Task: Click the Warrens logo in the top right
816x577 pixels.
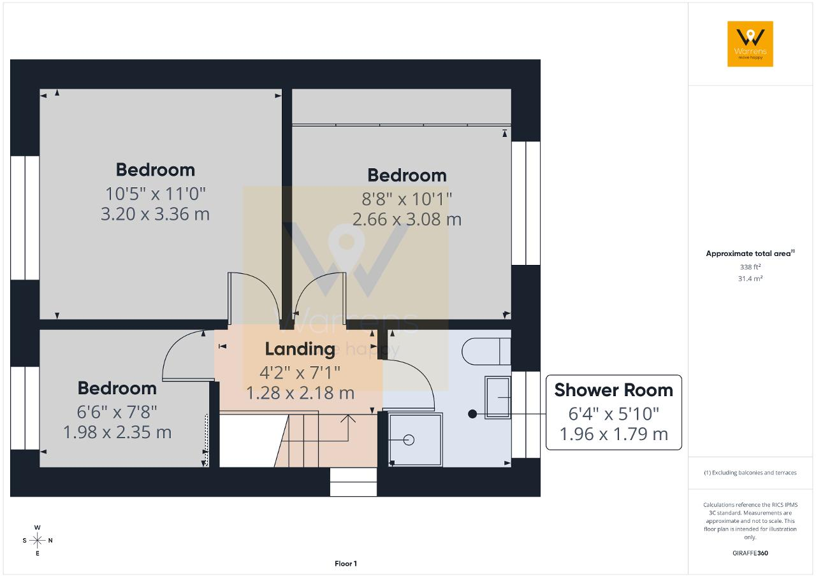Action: tap(750, 44)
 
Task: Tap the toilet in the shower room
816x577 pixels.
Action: tap(486, 352)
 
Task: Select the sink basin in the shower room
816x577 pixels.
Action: tap(498, 397)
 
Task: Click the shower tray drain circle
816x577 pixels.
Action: tap(409, 440)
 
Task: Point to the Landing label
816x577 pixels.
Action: tap(300, 349)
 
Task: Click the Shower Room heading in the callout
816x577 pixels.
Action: tap(613, 390)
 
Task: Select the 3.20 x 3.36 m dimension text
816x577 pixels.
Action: tap(155, 214)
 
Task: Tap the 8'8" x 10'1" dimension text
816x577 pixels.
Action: tap(407, 199)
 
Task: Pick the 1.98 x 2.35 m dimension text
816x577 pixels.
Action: tap(117, 432)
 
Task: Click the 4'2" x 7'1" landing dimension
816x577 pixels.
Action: tap(300, 373)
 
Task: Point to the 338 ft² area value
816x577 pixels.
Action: tap(750, 267)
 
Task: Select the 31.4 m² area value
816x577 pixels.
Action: tap(750, 278)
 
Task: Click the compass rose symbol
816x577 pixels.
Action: tap(37, 540)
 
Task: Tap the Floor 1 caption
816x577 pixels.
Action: tap(346, 564)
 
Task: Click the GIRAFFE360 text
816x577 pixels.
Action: tap(750, 553)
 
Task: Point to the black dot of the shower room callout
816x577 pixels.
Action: tap(472, 414)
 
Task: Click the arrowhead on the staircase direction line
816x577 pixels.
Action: tap(348, 419)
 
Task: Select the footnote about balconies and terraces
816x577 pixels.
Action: tap(750, 473)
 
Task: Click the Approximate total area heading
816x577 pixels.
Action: tap(750, 253)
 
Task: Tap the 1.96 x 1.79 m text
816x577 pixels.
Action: tap(613, 434)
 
